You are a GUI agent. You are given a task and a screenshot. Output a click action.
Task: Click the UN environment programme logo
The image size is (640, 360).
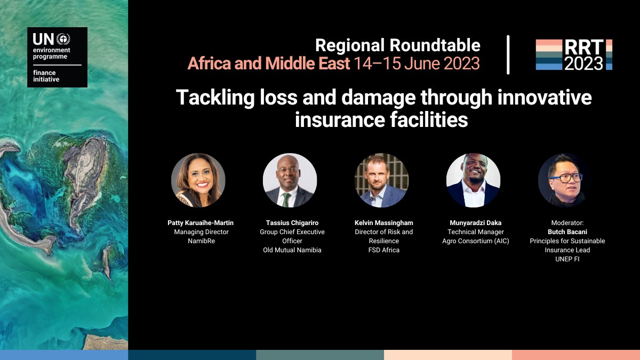(x=57, y=57)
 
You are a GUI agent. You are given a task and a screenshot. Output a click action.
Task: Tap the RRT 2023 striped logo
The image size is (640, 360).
(x=574, y=55)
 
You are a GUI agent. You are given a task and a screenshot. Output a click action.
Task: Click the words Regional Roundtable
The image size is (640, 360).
(x=397, y=45)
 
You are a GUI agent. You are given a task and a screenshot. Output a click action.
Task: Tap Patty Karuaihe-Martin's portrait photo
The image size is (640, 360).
(x=198, y=180)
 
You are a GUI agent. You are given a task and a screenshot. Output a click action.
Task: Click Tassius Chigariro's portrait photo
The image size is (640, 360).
(x=290, y=180)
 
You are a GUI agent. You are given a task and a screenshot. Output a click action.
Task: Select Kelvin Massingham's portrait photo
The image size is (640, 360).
(x=381, y=180)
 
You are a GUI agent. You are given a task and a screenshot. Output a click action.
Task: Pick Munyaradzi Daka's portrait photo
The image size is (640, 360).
(x=473, y=180)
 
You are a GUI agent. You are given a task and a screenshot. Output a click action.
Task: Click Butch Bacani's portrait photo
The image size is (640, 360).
(x=565, y=180)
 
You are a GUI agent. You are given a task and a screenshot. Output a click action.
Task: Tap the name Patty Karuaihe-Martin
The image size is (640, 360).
(x=201, y=223)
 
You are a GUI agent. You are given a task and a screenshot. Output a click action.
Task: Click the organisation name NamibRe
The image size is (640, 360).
(x=201, y=241)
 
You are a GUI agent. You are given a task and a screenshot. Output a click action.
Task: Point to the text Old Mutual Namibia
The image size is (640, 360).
(x=292, y=250)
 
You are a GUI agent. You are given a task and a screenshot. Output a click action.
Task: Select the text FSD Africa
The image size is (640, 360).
(x=384, y=250)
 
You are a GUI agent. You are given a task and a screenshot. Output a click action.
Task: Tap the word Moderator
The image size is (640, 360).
(x=567, y=223)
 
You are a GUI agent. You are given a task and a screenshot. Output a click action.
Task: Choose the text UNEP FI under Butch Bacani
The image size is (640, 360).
(x=567, y=259)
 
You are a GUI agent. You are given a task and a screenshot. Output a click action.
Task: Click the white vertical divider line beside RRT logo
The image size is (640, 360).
(x=508, y=55)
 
